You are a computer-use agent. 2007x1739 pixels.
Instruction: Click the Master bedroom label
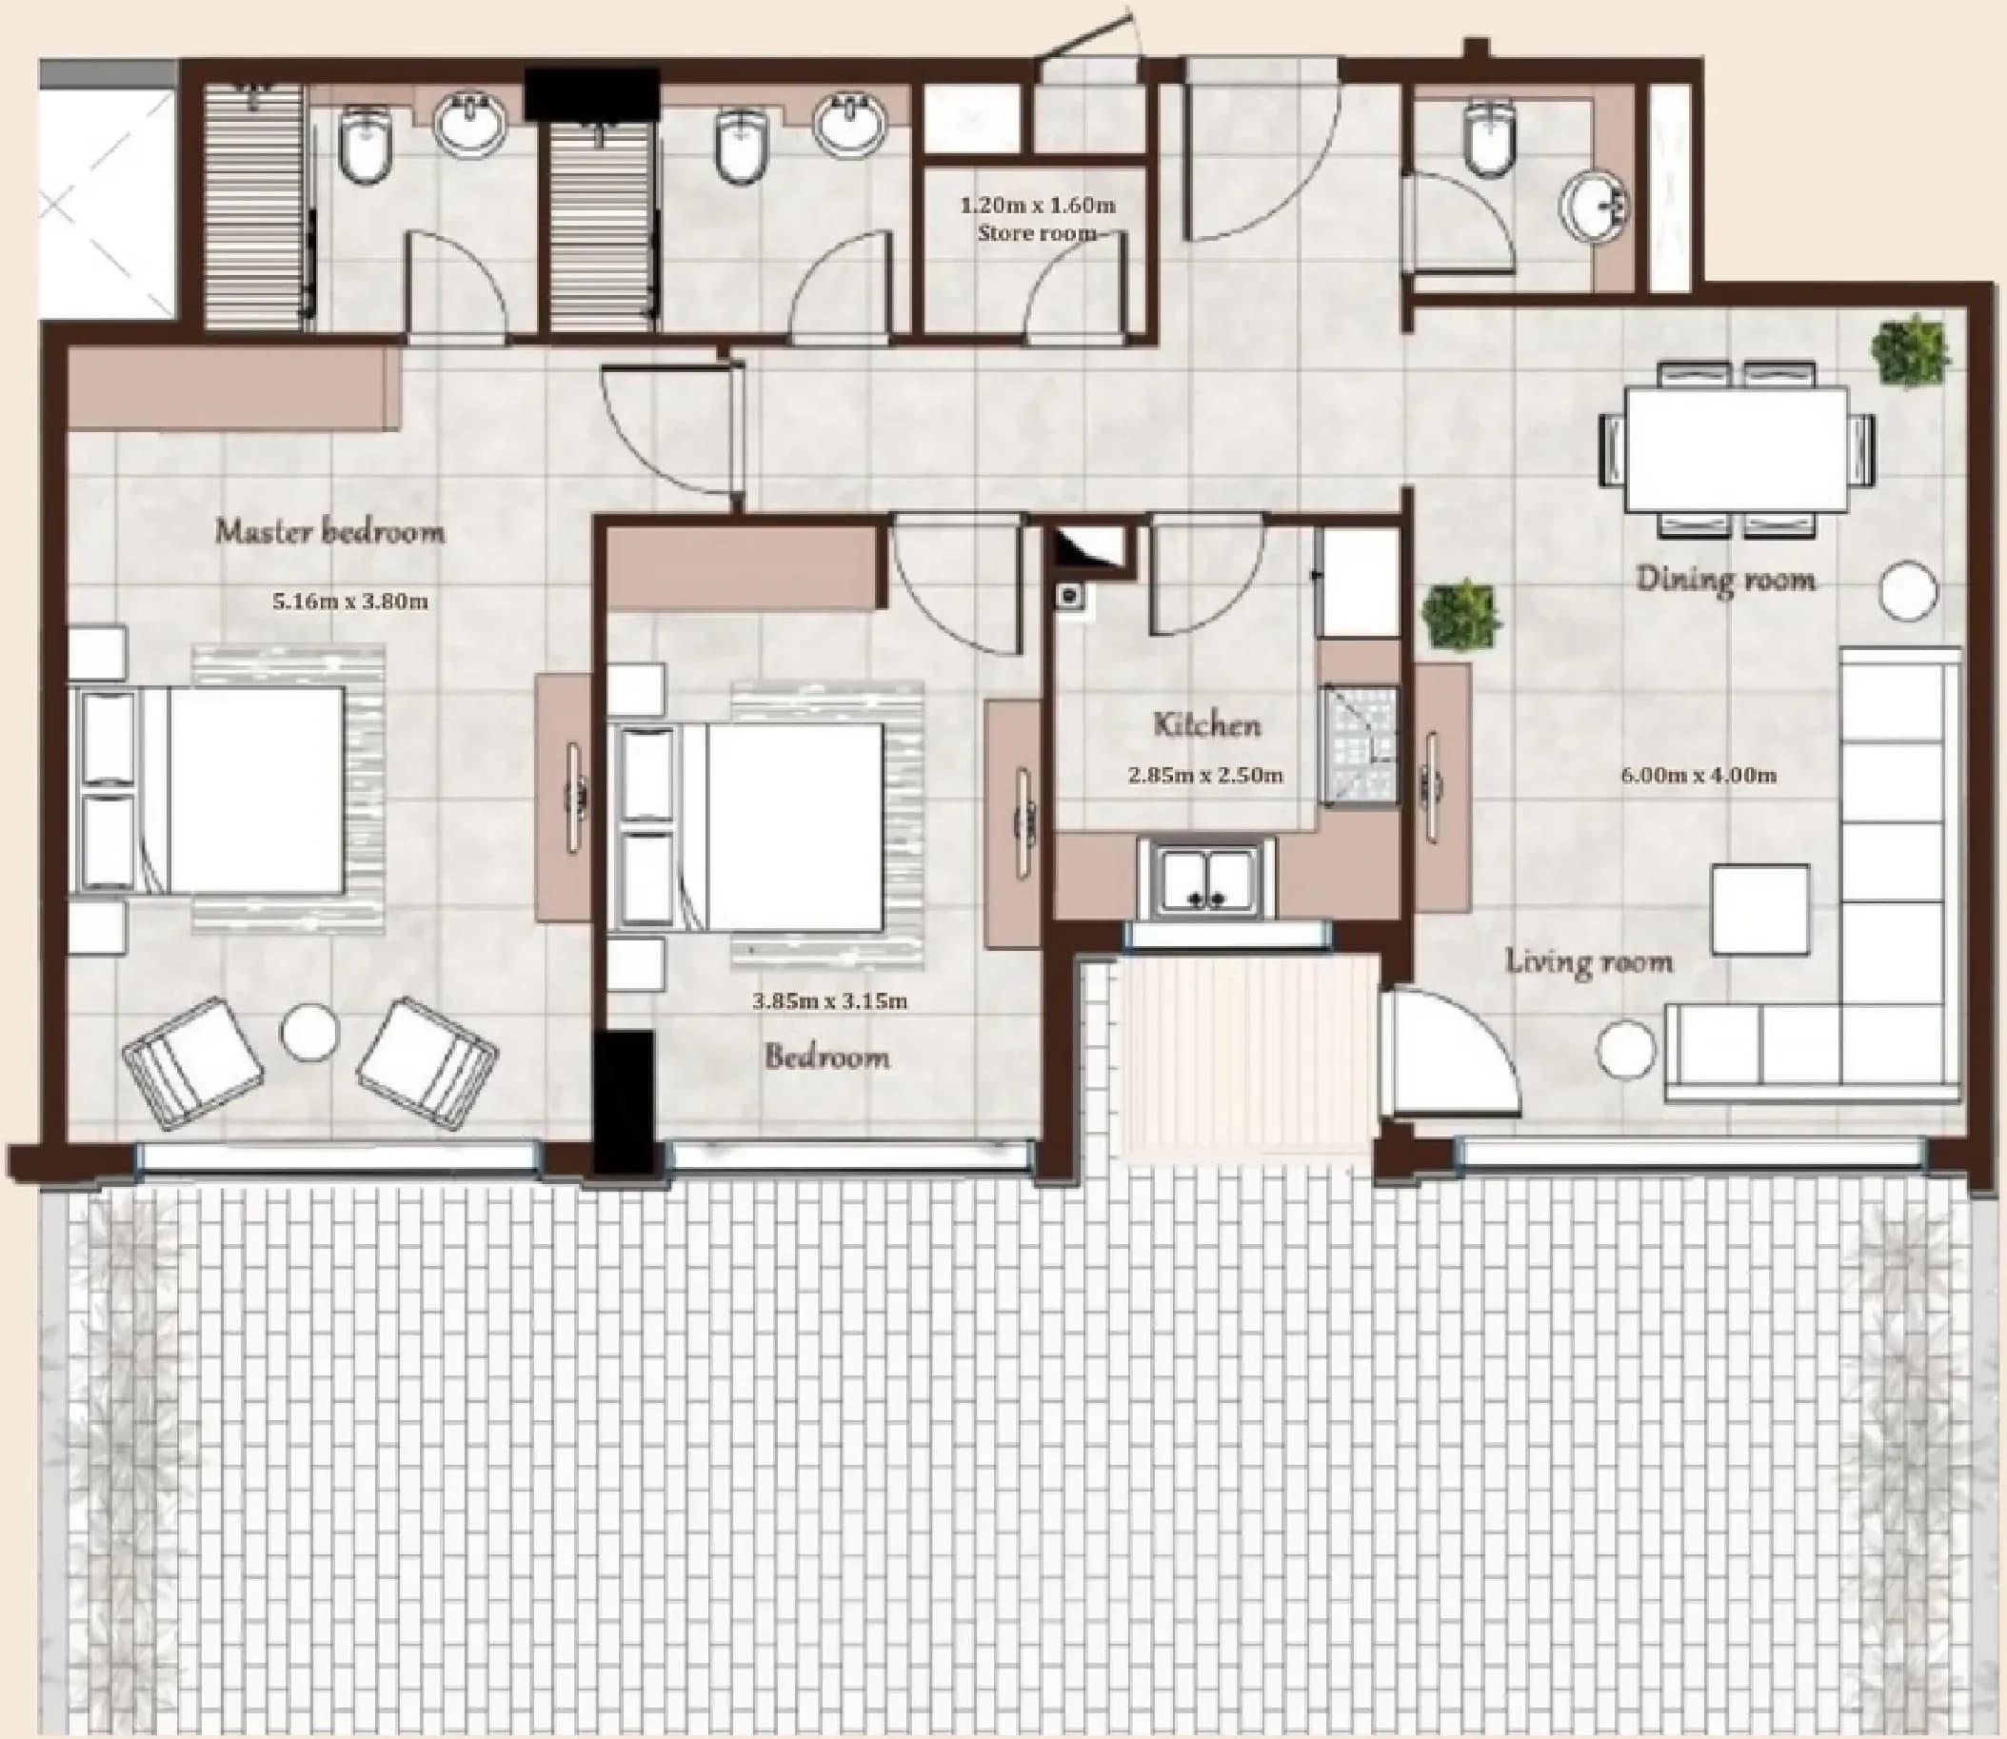pyautogui.click(x=330, y=532)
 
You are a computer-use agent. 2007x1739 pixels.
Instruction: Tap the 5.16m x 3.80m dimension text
pyautogui.click(x=349, y=602)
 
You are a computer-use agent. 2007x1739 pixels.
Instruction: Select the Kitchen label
pyautogui.click(x=1207, y=724)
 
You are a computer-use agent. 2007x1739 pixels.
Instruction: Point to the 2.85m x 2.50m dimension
pyautogui.click(x=1205, y=776)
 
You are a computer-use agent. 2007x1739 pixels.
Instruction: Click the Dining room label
pyautogui.click(x=1725, y=581)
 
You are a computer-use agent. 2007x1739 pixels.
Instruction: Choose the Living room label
pyautogui.click(x=1590, y=961)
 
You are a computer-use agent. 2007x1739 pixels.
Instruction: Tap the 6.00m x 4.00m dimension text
pyautogui.click(x=1699, y=776)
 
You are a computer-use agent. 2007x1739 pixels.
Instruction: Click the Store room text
pyautogui.click(x=1037, y=233)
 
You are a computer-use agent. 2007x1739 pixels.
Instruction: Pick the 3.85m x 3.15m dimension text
pyautogui.click(x=831, y=1000)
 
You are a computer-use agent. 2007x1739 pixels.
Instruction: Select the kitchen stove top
pyautogui.click(x=1359, y=744)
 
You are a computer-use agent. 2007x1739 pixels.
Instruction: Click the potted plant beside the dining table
pyautogui.click(x=1910, y=351)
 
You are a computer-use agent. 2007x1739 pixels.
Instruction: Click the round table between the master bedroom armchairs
pyautogui.click(x=309, y=1031)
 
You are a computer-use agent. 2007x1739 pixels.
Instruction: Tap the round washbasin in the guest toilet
pyautogui.click(x=1596, y=206)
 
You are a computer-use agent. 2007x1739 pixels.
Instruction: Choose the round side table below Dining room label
pyautogui.click(x=1910, y=589)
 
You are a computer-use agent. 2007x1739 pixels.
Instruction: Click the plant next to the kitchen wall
pyautogui.click(x=1461, y=615)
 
